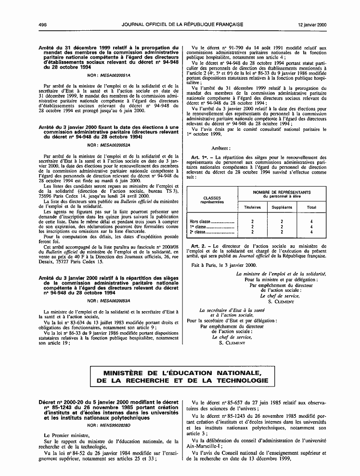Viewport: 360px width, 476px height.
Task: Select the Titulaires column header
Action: click(x=249, y=207)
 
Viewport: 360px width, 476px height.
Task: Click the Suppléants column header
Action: click(x=281, y=207)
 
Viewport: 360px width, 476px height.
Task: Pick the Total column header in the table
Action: click(x=311, y=207)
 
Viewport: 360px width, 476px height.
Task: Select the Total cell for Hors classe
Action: click(x=311, y=221)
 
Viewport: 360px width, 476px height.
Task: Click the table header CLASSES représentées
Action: click(x=212, y=200)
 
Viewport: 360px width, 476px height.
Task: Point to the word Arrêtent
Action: click(x=221, y=149)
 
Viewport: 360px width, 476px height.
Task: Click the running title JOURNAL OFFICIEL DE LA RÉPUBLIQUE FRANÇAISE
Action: click(x=182, y=24)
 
